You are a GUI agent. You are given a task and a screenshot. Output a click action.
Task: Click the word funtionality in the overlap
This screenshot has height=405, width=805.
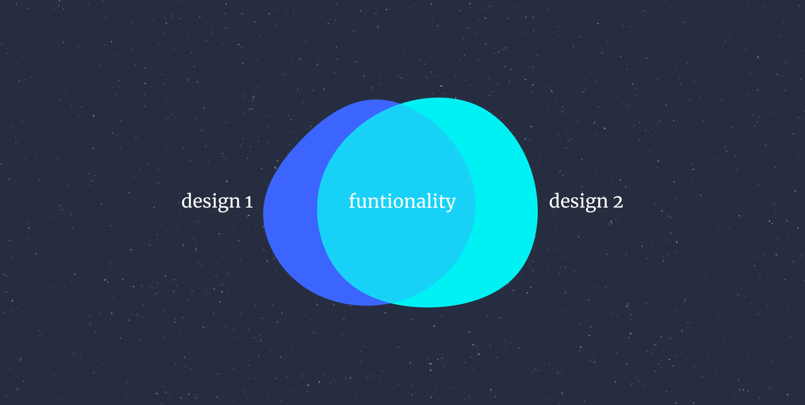coord(402,202)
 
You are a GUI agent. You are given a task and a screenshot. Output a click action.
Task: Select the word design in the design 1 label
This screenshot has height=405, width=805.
coord(211,202)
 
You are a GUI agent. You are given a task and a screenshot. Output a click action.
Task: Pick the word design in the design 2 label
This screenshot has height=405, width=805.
coord(578,202)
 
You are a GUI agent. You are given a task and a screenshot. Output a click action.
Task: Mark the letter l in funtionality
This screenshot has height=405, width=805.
coord(434,200)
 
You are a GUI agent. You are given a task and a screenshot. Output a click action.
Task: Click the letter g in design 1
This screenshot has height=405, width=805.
coord(220,204)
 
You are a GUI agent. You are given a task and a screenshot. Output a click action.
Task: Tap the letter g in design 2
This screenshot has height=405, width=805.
coord(587,204)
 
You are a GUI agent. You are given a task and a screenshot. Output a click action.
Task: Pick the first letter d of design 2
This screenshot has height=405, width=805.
coord(555,200)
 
